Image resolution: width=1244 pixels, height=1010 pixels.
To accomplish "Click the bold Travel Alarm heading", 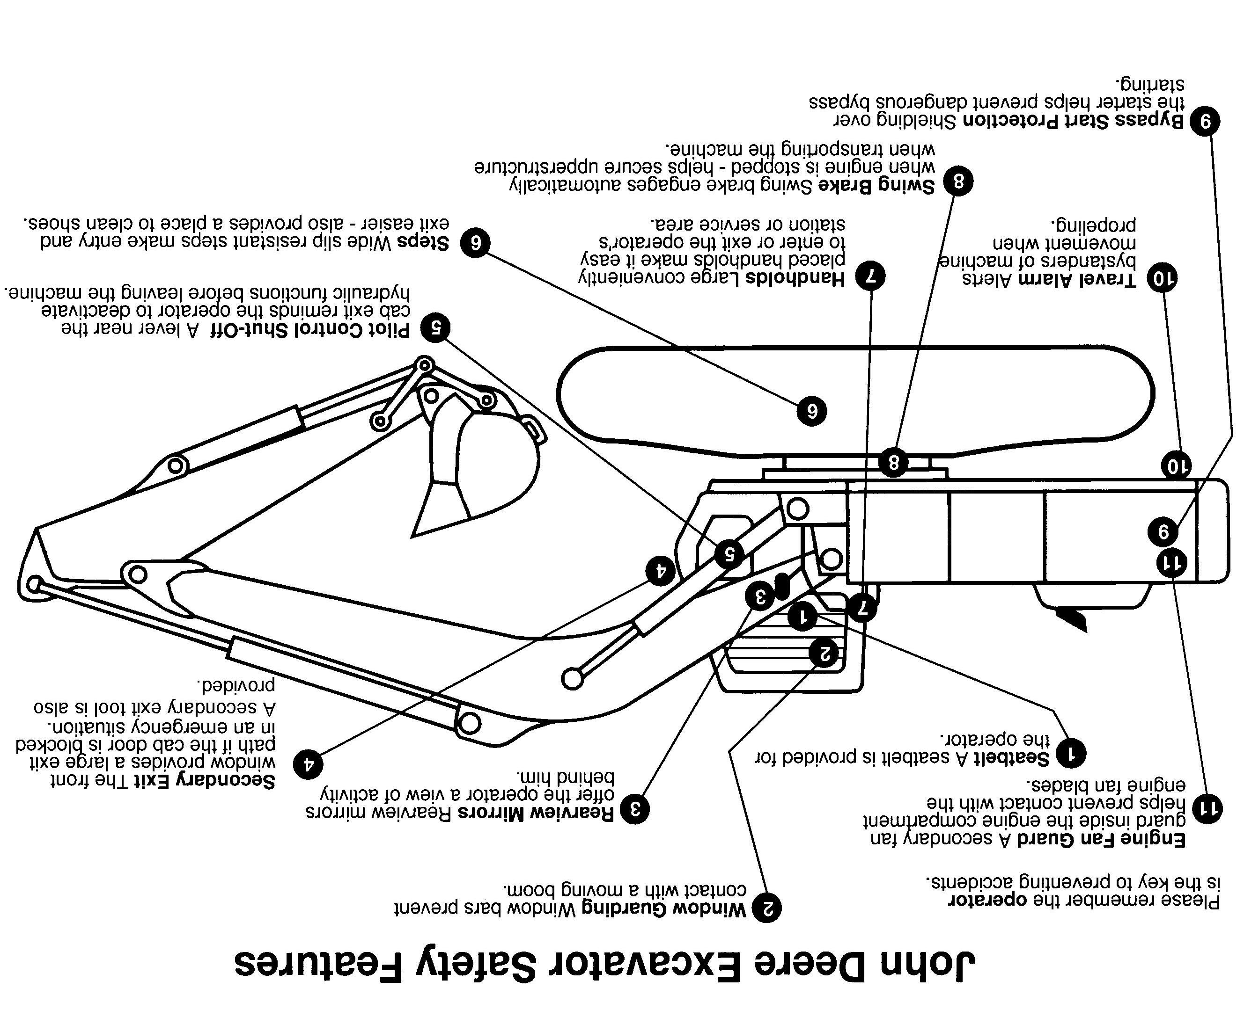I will coord(1077,280).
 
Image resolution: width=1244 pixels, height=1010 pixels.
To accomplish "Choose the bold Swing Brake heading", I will coord(876,186).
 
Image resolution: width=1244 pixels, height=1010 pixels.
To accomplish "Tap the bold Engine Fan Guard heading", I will coord(1101,839).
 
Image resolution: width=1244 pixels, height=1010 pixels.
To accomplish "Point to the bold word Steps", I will coord(423,242).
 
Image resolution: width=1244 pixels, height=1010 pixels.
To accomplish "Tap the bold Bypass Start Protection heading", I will coord(1074,121).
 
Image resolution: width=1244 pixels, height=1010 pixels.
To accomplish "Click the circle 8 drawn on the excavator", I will coord(893,463).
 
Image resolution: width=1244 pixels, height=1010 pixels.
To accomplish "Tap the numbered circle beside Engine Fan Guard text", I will coord(1207,807).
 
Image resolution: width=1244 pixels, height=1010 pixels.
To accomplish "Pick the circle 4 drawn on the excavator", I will coord(660,571).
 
